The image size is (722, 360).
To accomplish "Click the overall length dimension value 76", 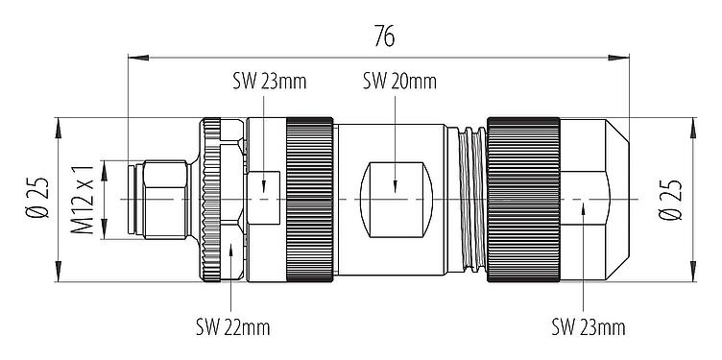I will coord(381,36).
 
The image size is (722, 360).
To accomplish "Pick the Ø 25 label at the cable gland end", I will coord(671,199).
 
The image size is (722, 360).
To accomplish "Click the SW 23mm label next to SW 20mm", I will coord(269,81).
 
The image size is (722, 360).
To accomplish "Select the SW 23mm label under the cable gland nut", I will coord(588,327).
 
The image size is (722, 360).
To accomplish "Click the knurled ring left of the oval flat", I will coord(307,199).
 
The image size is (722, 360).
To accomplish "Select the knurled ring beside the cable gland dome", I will coord(523,199).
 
